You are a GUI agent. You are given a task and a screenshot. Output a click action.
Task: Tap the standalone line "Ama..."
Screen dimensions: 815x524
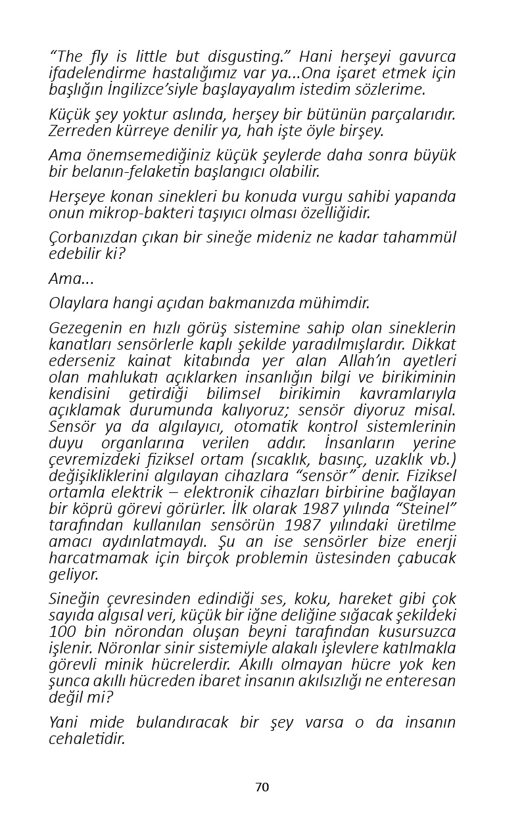point(71,279)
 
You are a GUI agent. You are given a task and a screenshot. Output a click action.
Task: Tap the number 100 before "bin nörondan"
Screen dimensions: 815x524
point(63,632)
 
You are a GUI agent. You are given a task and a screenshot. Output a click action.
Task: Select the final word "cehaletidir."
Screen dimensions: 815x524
point(87,739)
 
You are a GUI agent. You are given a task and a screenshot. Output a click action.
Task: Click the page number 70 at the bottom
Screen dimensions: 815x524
point(262,787)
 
